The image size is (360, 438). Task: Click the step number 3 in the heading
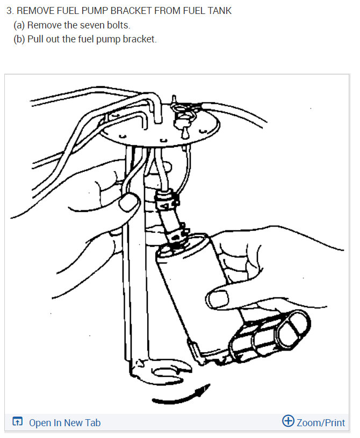pos(9,11)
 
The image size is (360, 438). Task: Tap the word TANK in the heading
pos(220,11)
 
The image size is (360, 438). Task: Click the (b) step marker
pos(19,40)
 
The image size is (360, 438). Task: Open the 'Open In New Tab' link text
pos(64,423)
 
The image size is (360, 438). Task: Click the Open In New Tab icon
pos(18,422)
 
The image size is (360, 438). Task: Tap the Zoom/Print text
pos(321,423)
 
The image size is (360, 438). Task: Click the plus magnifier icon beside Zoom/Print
pos(288,421)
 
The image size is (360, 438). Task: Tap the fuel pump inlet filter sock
pos(269,335)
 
